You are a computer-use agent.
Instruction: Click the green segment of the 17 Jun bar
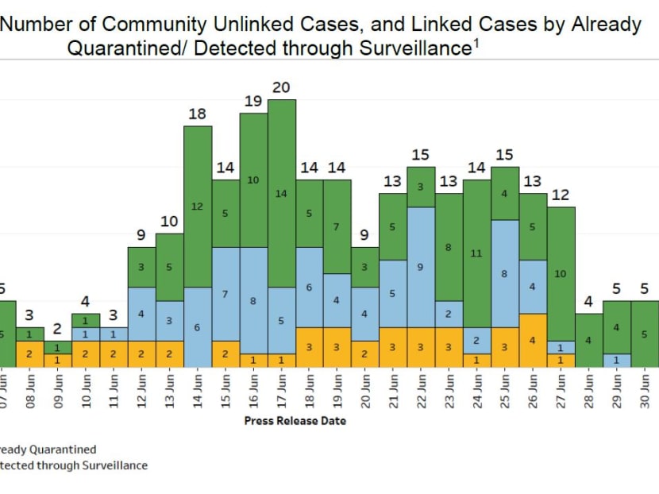click(x=281, y=193)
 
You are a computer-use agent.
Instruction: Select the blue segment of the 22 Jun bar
click(x=421, y=267)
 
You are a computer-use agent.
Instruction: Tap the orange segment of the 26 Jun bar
click(x=532, y=340)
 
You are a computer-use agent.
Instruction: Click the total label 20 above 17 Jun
click(x=281, y=87)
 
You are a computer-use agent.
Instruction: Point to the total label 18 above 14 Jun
click(x=198, y=114)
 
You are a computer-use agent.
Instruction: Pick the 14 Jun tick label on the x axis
click(x=198, y=390)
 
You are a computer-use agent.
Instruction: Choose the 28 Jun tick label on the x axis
click(x=588, y=390)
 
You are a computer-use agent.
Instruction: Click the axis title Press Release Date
click(x=295, y=420)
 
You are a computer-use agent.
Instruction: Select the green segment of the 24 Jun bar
click(x=476, y=253)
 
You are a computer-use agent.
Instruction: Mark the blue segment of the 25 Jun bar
click(x=504, y=273)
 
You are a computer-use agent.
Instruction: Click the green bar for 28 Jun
click(x=588, y=340)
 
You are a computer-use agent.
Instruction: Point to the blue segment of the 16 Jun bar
click(x=253, y=300)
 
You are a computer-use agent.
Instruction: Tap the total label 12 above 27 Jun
click(x=561, y=195)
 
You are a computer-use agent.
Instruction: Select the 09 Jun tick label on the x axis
click(x=58, y=390)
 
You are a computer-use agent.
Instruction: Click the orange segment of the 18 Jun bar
click(x=310, y=347)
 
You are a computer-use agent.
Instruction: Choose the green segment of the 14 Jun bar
click(x=198, y=206)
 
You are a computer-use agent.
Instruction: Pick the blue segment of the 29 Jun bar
click(x=616, y=360)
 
